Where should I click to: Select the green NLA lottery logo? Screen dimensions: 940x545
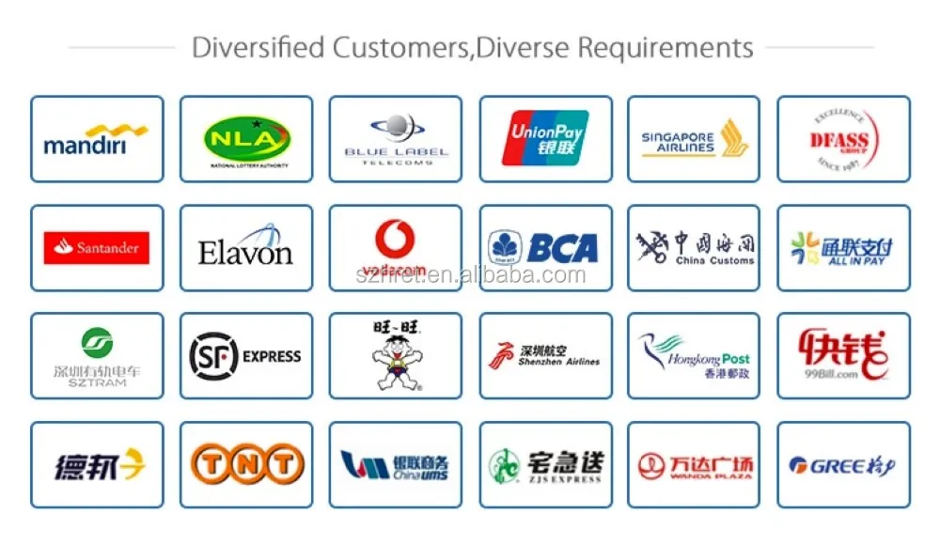(246, 140)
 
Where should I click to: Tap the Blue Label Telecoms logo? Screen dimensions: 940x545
(396, 140)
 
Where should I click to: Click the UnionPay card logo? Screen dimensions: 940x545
(546, 139)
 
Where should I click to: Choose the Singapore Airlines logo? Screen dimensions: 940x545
(694, 139)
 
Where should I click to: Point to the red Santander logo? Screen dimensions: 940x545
(96, 248)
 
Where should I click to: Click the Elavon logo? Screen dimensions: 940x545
(246, 247)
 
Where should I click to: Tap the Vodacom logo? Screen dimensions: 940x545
(396, 248)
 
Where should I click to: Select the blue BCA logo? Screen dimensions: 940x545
(545, 248)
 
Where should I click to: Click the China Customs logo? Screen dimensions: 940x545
(694, 248)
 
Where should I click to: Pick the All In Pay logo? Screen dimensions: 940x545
(843, 248)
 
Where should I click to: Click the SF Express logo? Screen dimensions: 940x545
(246, 356)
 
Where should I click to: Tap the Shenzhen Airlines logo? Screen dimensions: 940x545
(545, 356)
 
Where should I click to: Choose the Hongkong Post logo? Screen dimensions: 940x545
(694, 356)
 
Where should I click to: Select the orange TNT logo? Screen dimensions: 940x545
(246, 464)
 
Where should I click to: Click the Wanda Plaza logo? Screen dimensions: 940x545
(694, 464)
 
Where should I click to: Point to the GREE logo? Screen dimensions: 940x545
(843, 465)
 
